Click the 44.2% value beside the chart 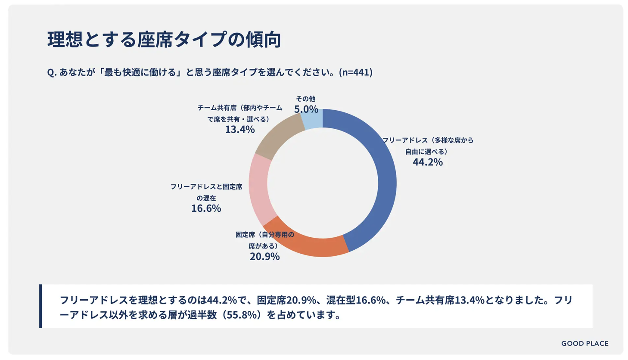428,162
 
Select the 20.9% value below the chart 264,257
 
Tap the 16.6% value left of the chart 206,208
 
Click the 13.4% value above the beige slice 240,130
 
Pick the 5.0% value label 306,109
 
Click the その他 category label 305,99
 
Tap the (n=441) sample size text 355,72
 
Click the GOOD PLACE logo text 584,343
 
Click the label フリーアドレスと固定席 206,186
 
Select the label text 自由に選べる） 426,152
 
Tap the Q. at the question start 52,72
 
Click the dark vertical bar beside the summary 40,306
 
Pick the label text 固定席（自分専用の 264,235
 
